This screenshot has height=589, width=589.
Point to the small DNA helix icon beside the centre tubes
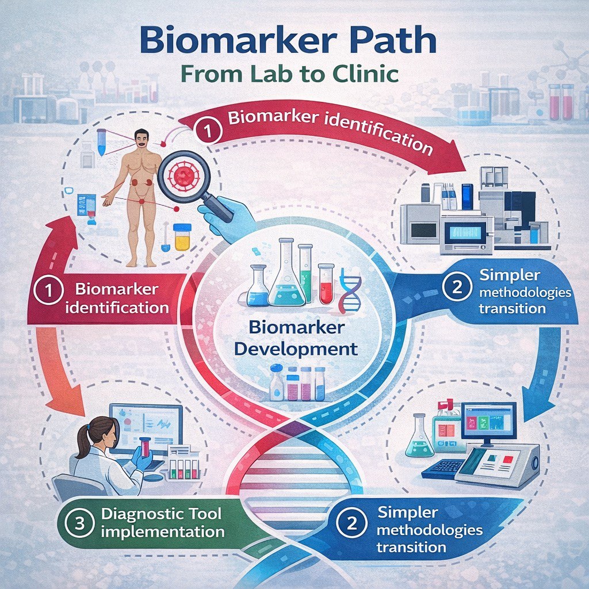[350, 288]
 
